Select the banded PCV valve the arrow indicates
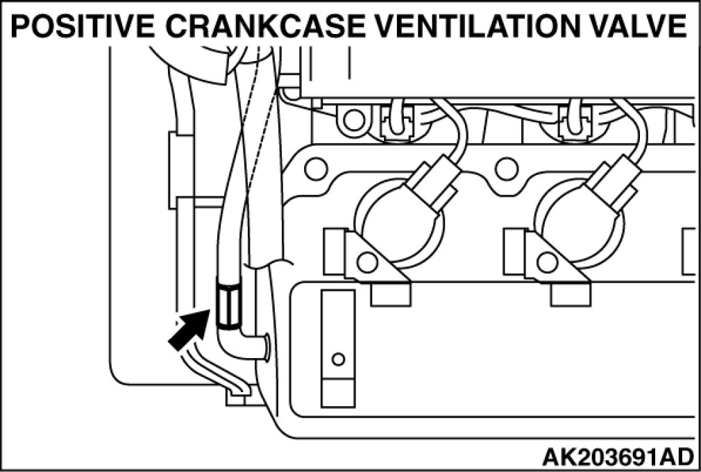tap(228, 303)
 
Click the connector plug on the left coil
tap(434, 182)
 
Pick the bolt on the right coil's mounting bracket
tap(547, 262)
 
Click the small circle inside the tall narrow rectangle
tap(338, 359)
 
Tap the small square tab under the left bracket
tap(391, 296)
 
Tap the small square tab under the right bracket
tap(571, 296)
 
